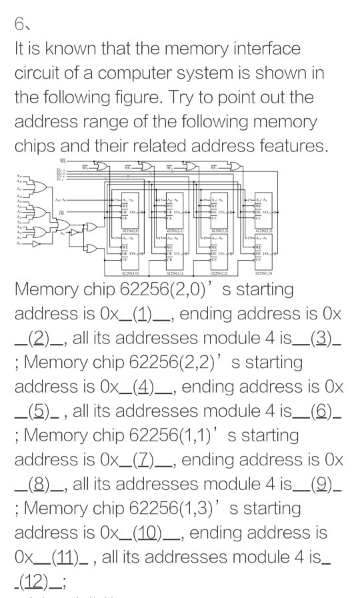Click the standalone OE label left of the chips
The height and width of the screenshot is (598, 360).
pyautogui.click(x=61, y=212)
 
